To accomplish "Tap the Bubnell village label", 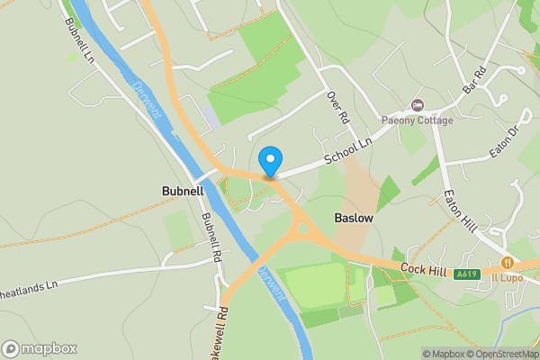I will click(183, 192).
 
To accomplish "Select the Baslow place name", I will click(353, 218).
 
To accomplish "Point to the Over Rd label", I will click(337, 107).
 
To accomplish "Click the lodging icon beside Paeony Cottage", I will click(416, 105).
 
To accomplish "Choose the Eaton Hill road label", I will click(459, 209).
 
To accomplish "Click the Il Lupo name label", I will click(508, 276).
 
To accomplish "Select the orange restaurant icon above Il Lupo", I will click(508, 263).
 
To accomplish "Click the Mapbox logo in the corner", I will click(39, 348).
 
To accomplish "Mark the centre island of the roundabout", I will click(303, 230).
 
